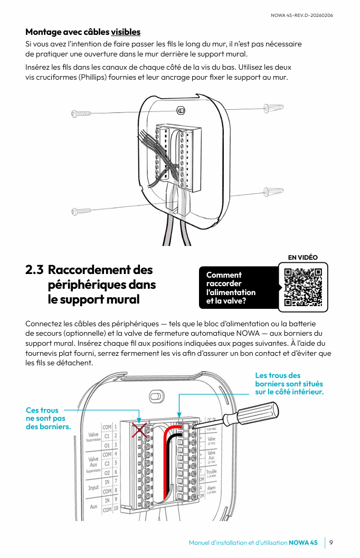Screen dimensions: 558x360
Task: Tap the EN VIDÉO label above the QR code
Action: [302, 258]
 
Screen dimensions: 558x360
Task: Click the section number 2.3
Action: [34, 270]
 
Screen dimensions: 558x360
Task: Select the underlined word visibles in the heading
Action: [126, 32]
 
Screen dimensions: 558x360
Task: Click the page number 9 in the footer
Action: [330, 543]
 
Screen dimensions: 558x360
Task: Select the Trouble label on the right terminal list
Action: [211, 471]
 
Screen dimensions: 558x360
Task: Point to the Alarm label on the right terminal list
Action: [211, 488]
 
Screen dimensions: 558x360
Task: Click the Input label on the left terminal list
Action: [93, 488]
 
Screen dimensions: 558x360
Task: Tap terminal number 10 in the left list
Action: [116, 510]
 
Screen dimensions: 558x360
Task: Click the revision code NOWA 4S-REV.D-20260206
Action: [301, 15]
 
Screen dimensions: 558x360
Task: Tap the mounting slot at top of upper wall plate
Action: [181, 110]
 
